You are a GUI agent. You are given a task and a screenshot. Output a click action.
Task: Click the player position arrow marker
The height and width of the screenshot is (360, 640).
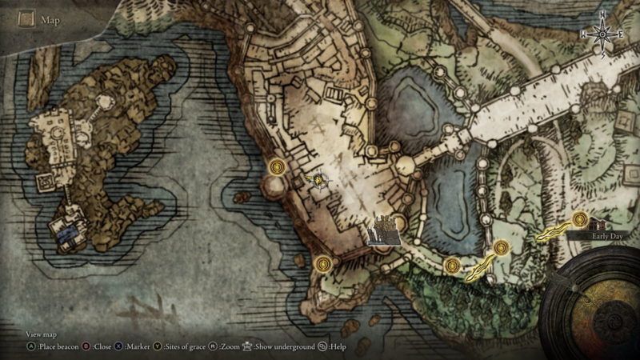point(322,181)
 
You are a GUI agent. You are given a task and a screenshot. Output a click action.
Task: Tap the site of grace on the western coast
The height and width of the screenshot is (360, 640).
point(278,166)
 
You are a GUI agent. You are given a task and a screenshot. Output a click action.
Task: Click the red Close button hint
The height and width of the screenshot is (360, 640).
point(98,346)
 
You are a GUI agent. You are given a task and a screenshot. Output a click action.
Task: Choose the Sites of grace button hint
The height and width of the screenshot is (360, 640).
point(180,346)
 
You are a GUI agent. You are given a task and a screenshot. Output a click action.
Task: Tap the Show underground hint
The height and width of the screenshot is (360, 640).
point(280,346)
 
